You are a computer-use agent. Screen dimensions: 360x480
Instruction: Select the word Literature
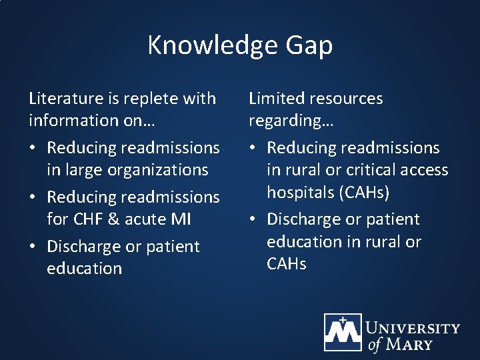[65, 99]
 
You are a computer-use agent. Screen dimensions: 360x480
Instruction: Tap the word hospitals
[300, 192]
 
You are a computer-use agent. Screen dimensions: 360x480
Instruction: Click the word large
[82, 170]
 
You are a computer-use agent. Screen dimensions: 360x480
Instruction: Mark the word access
[423, 170]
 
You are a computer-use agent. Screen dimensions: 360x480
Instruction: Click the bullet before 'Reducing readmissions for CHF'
[34, 198]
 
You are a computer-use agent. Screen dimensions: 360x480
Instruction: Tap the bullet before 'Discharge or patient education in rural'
[254, 220]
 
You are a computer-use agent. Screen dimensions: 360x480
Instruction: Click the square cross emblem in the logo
[343, 331]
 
